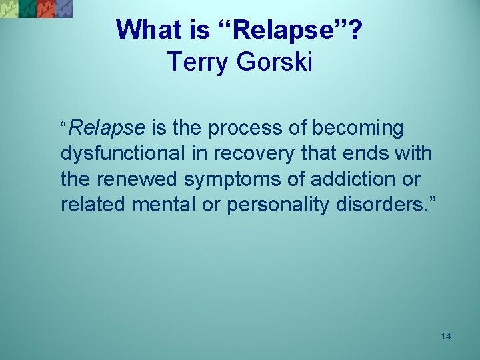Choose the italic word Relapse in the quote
107,127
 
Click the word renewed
139,179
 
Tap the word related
93,205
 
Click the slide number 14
446,336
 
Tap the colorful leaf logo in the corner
37,9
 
